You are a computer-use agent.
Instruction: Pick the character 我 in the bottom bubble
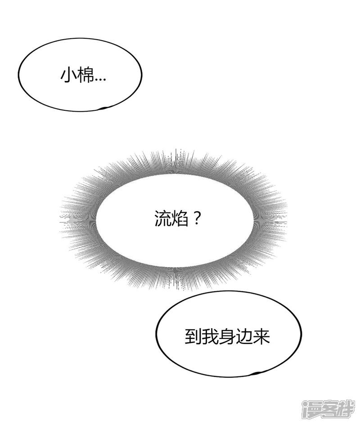pyautogui.click(x=210, y=337)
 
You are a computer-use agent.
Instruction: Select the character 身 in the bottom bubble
pyautogui.click(x=227, y=337)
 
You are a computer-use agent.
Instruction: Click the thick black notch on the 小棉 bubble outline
pyautogui.click(x=104, y=108)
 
